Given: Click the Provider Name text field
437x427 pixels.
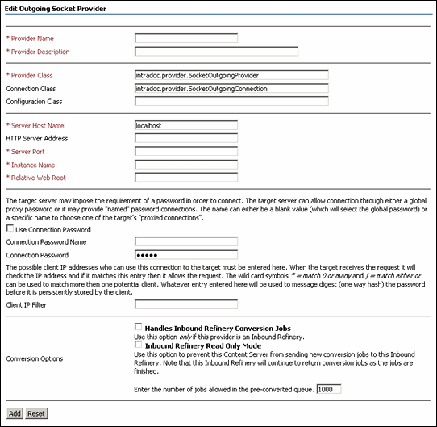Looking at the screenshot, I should [186, 38].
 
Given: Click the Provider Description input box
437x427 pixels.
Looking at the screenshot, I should [216, 51].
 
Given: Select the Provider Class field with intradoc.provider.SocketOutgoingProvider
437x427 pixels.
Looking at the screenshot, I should [231, 75].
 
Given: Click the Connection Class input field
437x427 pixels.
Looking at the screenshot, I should [231, 88].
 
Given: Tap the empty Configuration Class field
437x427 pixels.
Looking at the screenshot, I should [231, 101].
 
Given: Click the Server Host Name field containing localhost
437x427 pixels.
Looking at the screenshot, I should [186, 125].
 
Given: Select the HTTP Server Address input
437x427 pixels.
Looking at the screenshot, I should [186, 138].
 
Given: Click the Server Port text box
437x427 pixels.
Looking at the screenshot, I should [186, 151].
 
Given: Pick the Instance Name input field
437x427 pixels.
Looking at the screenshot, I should [186, 164].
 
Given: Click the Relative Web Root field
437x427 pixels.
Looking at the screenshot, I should [186, 177].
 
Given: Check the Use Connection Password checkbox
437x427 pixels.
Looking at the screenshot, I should [10, 229].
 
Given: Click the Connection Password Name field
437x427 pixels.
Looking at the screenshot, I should [186, 241].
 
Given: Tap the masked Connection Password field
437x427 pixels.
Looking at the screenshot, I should [186, 254].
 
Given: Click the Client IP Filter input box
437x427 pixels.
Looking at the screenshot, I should [186, 304].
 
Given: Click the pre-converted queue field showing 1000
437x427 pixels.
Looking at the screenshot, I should [329, 389].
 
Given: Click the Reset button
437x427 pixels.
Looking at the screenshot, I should [35, 412].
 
